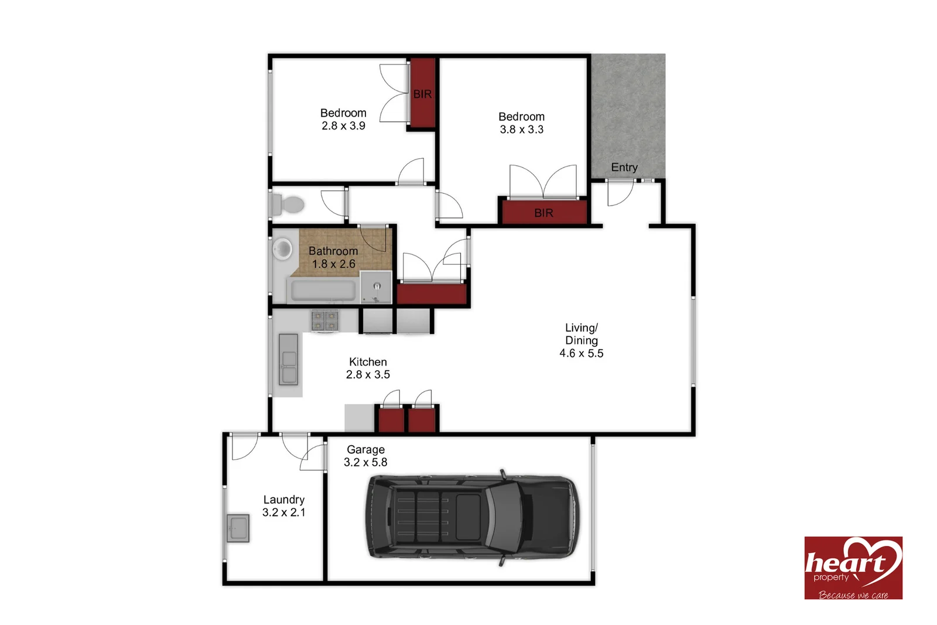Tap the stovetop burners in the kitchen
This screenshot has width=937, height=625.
pos(325,320)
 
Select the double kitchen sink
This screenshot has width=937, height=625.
pos(288,359)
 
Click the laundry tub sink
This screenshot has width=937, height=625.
pos(238,528)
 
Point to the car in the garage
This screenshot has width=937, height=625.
pos(471,517)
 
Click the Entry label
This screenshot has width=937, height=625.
pos(624,168)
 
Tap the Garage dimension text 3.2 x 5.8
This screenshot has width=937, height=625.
pos(365,462)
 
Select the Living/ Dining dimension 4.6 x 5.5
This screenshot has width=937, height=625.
pos(581,353)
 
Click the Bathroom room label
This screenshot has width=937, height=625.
pos(333,251)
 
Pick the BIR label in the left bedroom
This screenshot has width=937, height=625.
pos(422,94)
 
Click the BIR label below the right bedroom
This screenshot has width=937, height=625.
pos(543,213)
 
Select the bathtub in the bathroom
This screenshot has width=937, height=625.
pos(323,290)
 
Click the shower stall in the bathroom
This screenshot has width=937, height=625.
pos(376,287)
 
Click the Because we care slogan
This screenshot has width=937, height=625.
pos(853,595)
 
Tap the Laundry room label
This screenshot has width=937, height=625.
pos(284,500)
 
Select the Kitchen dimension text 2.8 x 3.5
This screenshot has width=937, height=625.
pos(368,375)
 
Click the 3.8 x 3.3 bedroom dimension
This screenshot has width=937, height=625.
pos(521,129)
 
